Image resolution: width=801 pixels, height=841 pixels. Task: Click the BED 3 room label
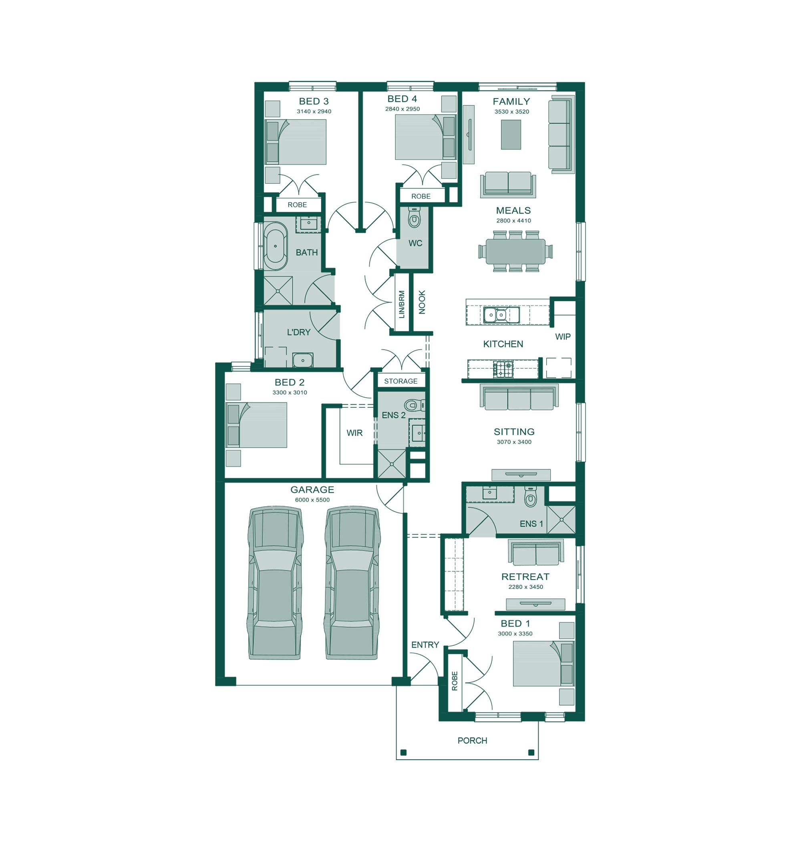click(x=314, y=101)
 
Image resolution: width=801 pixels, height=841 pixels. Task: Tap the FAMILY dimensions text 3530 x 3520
click(x=511, y=112)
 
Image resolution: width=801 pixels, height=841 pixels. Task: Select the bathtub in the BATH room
click(x=275, y=246)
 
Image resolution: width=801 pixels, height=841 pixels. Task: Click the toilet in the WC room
click(x=414, y=217)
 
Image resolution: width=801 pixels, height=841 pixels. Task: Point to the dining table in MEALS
click(x=515, y=251)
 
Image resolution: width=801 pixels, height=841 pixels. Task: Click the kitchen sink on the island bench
click(x=501, y=315)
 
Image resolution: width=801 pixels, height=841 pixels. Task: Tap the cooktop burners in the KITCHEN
click(x=503, y=369)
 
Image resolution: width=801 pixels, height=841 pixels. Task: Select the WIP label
click(x=563, y=337)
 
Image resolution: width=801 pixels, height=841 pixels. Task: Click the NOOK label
click(x=422, y=302)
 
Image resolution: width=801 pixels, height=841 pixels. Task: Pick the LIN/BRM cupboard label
click(x=401, y=304)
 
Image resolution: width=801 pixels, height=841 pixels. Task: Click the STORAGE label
click(x=400, y=381)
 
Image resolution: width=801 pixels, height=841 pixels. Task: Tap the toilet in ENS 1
click(x=530, y=496)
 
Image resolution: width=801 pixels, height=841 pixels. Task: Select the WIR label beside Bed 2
click(x=354, y=433)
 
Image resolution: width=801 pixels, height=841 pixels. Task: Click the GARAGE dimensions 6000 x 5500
click(x=312, y=500)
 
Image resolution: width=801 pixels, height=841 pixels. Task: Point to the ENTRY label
click(x=425, y=645)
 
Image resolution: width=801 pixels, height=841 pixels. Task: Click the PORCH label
click(x=472, y=740)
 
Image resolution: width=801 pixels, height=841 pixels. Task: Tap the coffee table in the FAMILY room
click(x=511, y=135)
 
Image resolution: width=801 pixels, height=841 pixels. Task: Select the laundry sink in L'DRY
click(x=302, y=360)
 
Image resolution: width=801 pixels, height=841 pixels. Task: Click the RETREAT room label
click(x=525, y=577)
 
